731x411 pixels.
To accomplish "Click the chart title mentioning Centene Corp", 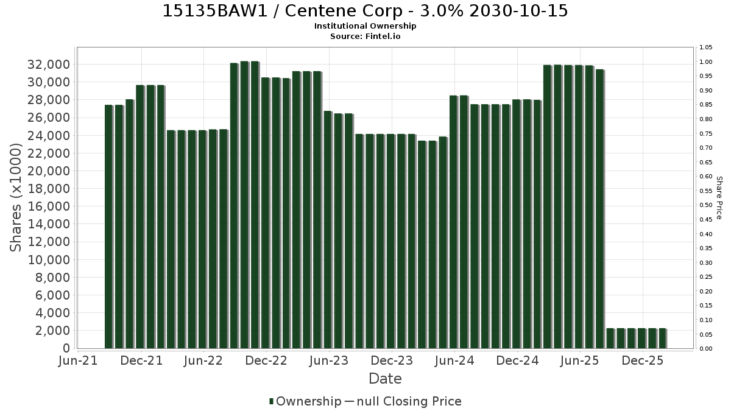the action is click(x=365, y=11).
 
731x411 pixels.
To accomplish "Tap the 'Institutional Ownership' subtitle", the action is click(x=365, y=26).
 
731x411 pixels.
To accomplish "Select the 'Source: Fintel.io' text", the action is click(x=365, y=36).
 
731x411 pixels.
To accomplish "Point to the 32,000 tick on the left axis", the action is click(x=49, y=65).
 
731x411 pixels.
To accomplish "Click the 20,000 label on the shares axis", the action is click(x=49, y=171).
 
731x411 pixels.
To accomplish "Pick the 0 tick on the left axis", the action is click(x=66, y=348).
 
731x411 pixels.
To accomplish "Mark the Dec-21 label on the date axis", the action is click(x=141, y=360).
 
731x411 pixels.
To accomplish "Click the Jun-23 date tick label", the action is click(x=329, y=360).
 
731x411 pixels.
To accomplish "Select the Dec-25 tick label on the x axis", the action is click(x=643, y=360).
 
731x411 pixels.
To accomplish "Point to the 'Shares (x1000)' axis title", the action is click(x=15, y=198).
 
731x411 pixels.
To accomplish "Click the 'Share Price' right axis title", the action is click(x=719, y=198).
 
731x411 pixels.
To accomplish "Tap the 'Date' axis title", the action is click(x=385, y=379).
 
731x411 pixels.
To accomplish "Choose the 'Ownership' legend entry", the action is click(x=305, y=401).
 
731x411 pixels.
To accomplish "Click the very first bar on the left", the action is click(x=108, y=227).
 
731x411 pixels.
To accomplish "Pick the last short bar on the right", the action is click(x=663, y=339).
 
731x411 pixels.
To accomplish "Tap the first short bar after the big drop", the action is click(x=610, y=339).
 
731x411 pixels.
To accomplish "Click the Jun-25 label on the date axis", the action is click(x=579, y=360).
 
